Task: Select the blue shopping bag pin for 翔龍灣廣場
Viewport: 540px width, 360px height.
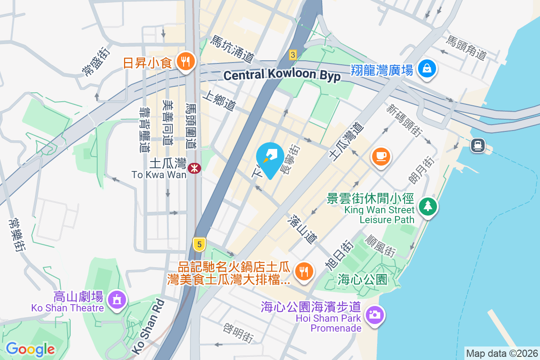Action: [425, 69]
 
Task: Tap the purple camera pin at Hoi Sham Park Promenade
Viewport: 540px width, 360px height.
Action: [374, 314]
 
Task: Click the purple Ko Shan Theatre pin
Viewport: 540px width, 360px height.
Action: [117, 298]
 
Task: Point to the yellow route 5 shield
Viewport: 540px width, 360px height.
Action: [199, 244]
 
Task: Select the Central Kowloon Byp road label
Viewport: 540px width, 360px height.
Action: [282, 75]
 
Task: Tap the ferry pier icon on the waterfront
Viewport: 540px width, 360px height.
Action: [477, 145]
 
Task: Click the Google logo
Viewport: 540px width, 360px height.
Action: [30, 349]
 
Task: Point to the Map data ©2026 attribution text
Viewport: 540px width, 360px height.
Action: [501, 353]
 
